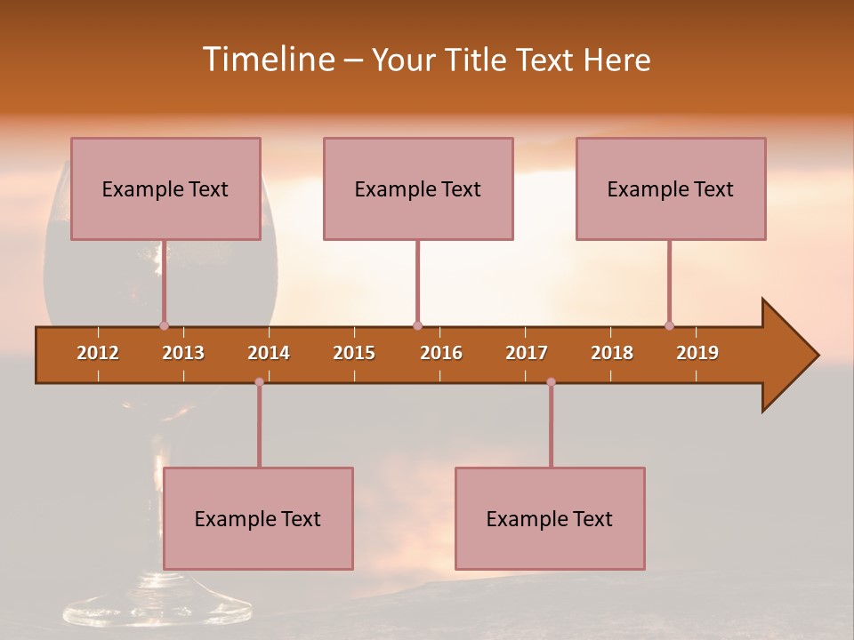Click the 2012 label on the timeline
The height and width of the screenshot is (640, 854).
point(98,353)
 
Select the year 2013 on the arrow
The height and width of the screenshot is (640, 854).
point(183,353)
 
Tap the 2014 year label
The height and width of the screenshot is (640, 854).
point(269,353)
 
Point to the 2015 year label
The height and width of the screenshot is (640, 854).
point(354,353)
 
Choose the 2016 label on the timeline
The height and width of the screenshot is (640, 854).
point(441,353)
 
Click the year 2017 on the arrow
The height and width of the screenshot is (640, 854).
point(527,353)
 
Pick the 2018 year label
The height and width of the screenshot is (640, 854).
point(612,353)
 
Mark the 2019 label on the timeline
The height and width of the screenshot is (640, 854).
point(697,353)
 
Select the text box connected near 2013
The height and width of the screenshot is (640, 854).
point(165,188)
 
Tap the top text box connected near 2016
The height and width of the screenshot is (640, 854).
point(418,188)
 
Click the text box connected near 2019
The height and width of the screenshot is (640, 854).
point(671,188)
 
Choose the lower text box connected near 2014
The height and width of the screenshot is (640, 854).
point(258,518)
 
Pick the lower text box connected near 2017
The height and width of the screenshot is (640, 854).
point(550,518)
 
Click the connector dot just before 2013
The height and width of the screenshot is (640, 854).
point(164,325)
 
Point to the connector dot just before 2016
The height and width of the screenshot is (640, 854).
point(417,325)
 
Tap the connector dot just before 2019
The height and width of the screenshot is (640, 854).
point(669,325)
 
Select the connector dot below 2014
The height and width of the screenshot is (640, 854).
point(259,381)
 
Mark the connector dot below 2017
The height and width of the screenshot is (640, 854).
point(551,381)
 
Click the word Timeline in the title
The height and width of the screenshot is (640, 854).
point(267,60)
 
